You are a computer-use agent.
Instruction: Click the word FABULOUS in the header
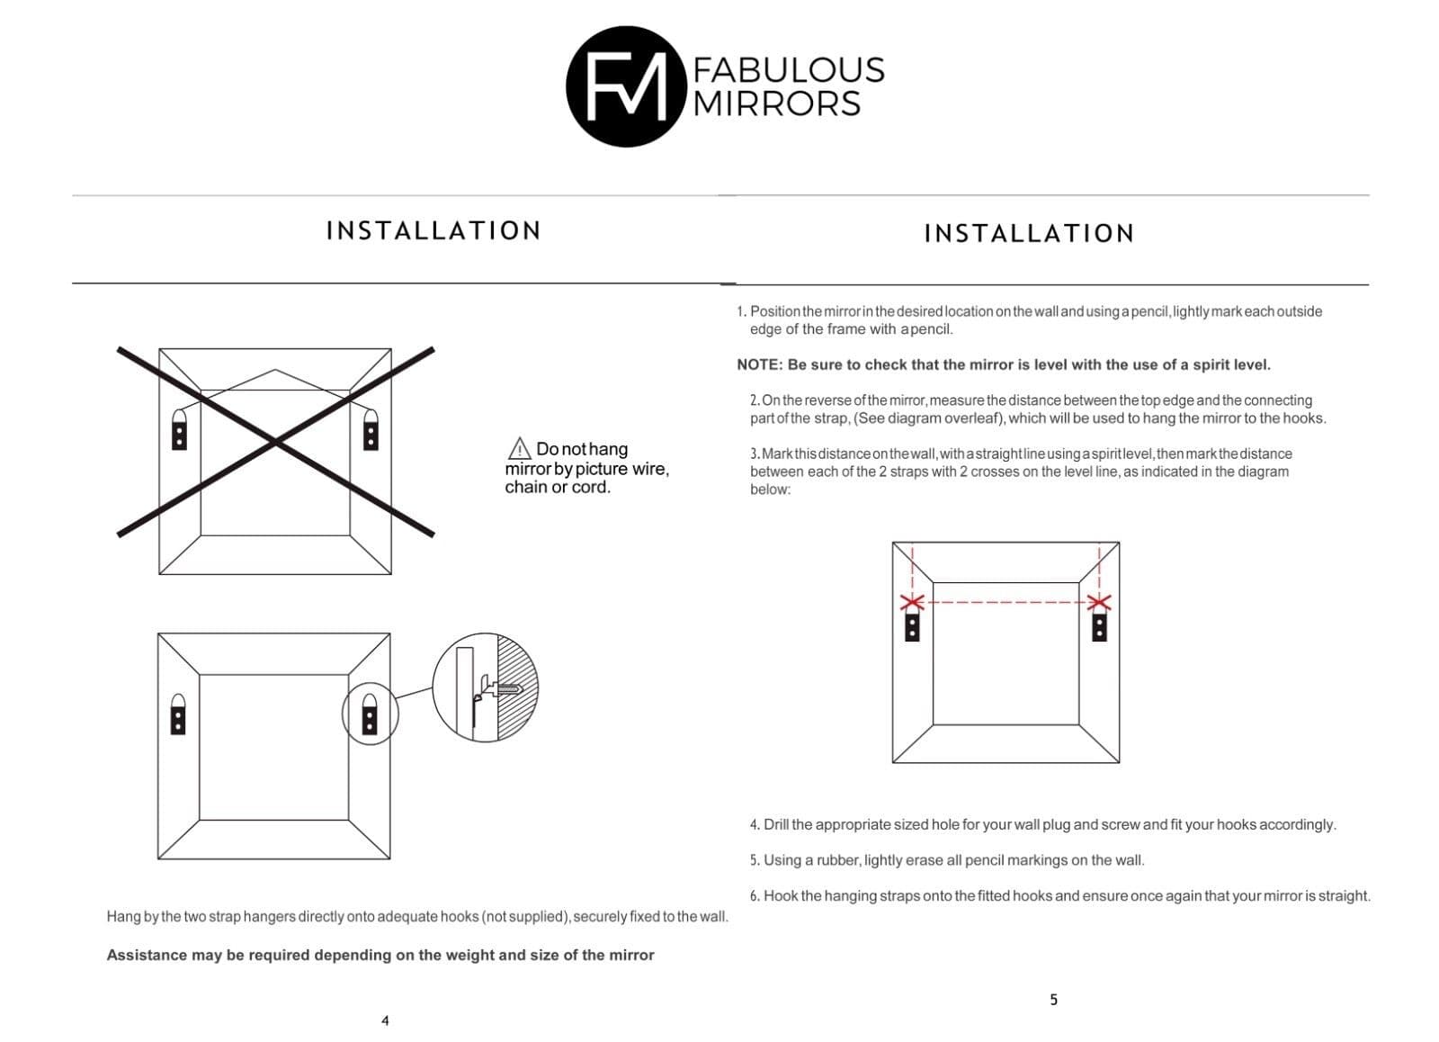tap(789, 70)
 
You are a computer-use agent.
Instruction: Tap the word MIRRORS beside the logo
tap(777, 103)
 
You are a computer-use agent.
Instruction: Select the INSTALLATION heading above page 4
tap(433, 231)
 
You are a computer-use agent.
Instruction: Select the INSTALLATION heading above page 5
tap(1029, 234)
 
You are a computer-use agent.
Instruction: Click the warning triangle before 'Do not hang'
tap(519, 448)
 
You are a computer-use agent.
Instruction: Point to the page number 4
tap(385, 1020)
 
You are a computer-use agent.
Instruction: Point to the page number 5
tap(1053, 1000)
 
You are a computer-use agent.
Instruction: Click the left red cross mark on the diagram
tap(912, 602)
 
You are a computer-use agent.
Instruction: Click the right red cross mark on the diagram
tap(1099, 602)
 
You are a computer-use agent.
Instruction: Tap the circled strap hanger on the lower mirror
tap(369, 714)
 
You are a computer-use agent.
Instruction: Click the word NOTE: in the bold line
tap(759, 365)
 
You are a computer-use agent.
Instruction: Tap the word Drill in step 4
tap(776, 825)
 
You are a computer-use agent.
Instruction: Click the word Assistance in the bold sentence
tap(147, 956)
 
